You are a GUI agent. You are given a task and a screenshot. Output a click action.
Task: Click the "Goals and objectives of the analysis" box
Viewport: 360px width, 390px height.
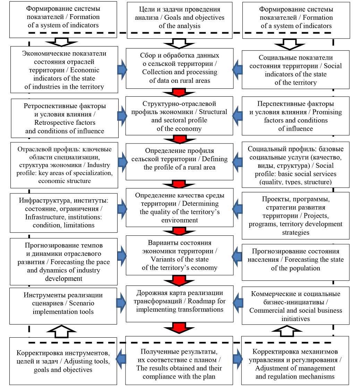tap(179, 17)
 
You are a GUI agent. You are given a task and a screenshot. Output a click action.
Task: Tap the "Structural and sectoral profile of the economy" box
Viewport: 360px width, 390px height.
tap(179, 116)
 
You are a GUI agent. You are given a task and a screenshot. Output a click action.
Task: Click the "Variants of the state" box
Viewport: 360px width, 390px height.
tap(179, 255)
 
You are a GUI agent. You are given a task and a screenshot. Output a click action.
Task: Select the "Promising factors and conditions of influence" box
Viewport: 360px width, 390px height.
tap(295, 116)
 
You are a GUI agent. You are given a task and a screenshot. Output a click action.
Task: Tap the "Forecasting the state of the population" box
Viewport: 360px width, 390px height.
tap(295, 260)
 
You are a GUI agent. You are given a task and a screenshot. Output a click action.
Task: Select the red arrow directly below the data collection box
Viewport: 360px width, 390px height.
tap(179, 93)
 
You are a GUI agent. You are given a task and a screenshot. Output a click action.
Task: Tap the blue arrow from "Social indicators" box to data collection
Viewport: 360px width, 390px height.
tap(237, 68)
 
